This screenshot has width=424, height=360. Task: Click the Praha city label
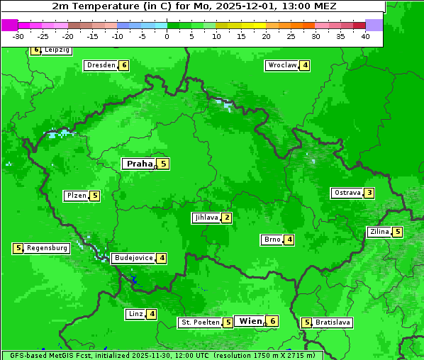click(x=139, y=164)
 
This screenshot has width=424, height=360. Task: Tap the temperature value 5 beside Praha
click(x=163, y=164)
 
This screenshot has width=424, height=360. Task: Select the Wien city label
click(x=250, y=321)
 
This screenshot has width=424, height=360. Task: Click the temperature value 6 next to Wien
click(x=272, y=321)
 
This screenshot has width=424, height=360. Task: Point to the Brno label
click(x=272, y=240)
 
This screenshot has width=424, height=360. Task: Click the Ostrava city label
click(x=347, y=193)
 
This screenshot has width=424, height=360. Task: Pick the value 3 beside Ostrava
click(x=369, y=193)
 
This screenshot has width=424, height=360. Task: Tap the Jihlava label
click(x=206, y=218)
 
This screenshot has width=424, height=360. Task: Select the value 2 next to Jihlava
click(x=226, y=218)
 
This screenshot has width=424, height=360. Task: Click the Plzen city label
click(x=76, y=196)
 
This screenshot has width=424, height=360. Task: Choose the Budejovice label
click(x=133, y=258)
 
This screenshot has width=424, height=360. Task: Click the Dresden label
click(x=101, y=65)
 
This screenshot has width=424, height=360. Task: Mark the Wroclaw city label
click(x=281, y=65)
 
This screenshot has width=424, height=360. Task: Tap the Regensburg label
click(x=48, y=248)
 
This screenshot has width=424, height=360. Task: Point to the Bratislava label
click(x=333, y=322)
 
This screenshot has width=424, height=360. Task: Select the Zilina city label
click(x=379, y=232)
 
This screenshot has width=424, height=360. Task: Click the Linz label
click(x=135, y=314)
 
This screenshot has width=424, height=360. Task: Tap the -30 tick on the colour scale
click(x=18, y=35)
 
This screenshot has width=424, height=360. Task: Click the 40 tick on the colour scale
click(x=365, y=35)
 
